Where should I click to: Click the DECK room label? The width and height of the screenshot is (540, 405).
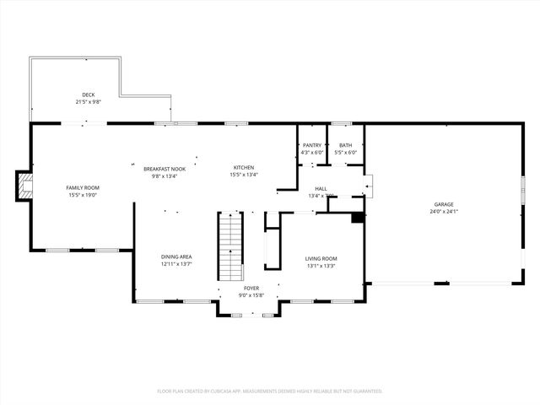pyautogui.click(x=88, y=94)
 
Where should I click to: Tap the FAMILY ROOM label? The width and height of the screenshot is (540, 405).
pyautogui.click(x=84, y=187)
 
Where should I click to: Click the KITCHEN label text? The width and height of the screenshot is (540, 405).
pyautogui.click(x=244, y=168)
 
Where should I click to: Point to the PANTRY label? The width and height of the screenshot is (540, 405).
pyautogui.click(x=311, y=145)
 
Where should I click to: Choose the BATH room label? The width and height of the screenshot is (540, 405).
pyautogui.click(x=345, y=145)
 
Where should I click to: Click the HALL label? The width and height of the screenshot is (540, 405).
pyautogui.click(x=321, y=189)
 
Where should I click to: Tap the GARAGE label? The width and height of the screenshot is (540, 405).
pyautogui.click(x=444, y=204)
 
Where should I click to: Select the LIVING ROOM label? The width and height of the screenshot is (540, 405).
pyautogui.click(x=321, y=258)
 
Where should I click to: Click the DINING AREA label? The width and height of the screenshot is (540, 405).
pyautogui.click(x=177, y=256)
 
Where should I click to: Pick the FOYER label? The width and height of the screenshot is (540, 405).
pyautogui.click(x=252, y=288)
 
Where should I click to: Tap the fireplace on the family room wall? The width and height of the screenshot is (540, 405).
pyautogui.click(x=24, y=186)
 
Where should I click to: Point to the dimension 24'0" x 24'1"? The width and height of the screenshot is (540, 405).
pyautogui.click(x=444, y=212)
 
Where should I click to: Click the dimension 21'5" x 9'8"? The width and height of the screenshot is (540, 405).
pyautogui.click(x=88, y=102)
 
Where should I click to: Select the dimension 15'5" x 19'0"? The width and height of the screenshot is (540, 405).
pyautogui.click(x=84, y=195)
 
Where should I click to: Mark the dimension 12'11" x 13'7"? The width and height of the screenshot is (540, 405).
pyautogui.click(x=177, y=264)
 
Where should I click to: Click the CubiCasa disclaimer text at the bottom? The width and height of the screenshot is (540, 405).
pyautogui.click(x=270, y=391)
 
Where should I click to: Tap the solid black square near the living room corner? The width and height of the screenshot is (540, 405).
pyautogui.click(x=358, y=218)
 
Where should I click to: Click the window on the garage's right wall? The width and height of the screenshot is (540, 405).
pyautogui.click(x=522, y=187)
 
